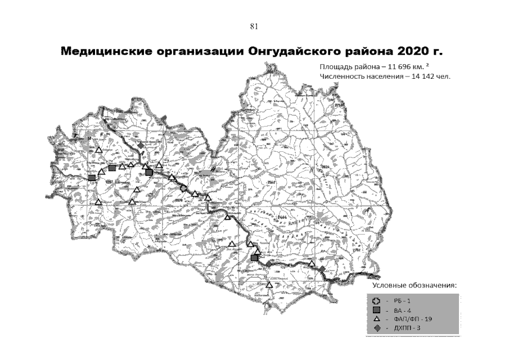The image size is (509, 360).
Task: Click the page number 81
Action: tap(254, 26)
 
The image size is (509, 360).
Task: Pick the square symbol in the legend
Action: tap(376, 310)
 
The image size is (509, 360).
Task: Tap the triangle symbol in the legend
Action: tap(376, 319)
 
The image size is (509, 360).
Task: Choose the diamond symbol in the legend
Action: tap(376, 327)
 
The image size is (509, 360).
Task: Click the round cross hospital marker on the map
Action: tap(183, 188)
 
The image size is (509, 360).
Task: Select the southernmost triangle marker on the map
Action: tap(269, 285)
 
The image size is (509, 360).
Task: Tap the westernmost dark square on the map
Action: tap(92, 178)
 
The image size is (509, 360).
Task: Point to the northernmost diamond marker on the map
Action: tap(140, 145)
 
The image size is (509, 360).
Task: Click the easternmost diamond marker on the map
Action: tap(322, 269)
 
